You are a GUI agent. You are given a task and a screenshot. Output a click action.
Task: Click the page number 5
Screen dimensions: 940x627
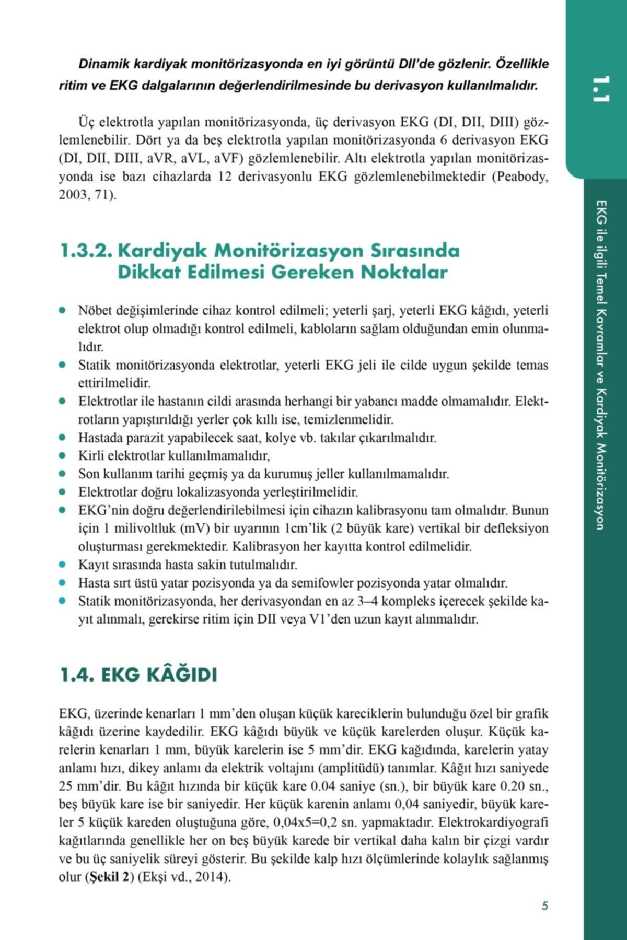(544, 906)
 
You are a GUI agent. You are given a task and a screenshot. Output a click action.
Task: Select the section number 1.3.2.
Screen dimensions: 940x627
(86, 251)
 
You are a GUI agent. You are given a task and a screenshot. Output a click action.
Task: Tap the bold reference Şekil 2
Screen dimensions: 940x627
(108, 877)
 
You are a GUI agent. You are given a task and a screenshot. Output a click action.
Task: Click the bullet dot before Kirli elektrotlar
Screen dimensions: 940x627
(63, 456)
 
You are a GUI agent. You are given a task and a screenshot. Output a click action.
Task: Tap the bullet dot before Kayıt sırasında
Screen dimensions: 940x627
(63, 565)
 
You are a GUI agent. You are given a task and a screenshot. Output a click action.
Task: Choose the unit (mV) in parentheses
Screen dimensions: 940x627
(194, 528)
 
